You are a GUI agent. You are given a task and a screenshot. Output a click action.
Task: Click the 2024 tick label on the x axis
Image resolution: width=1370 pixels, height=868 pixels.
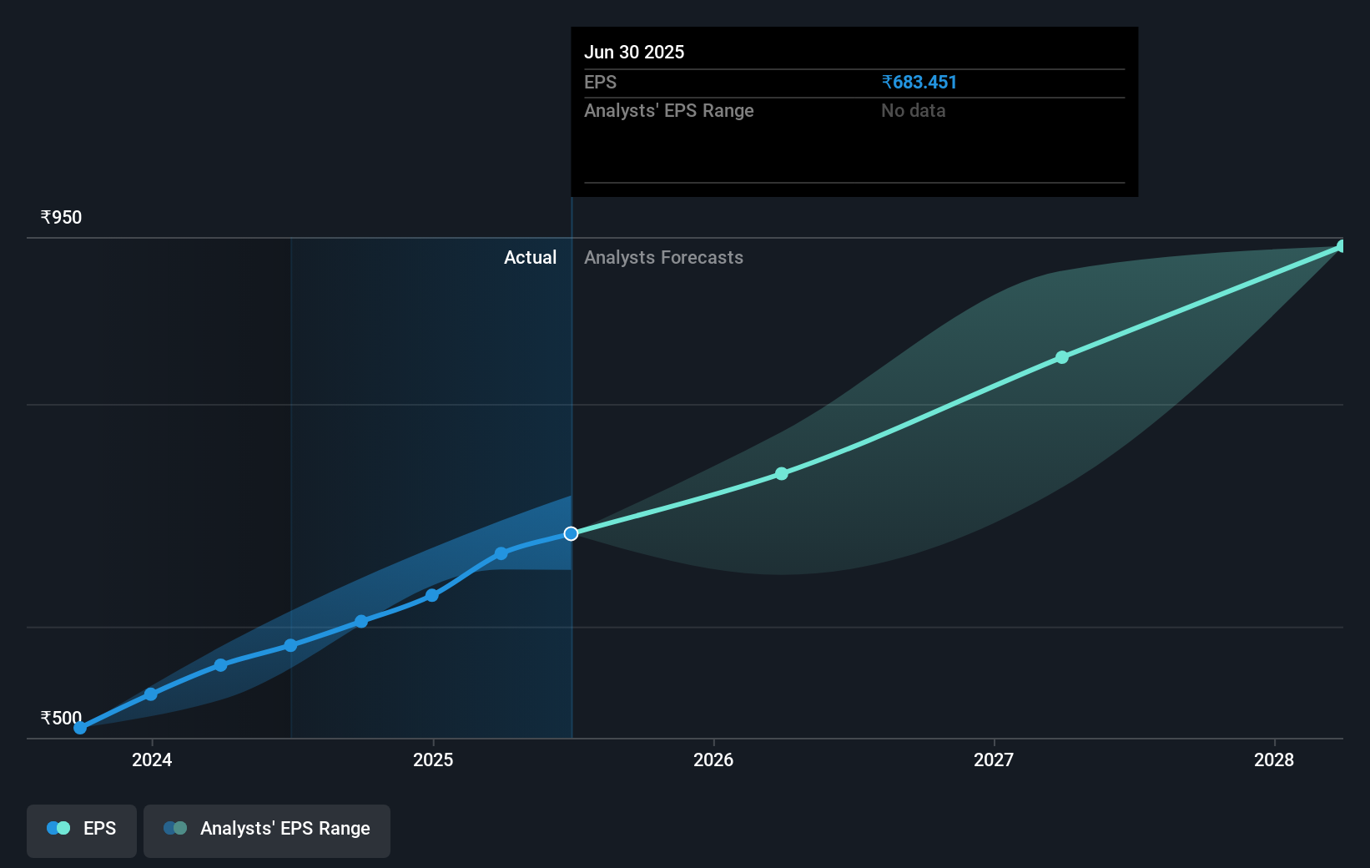(x=152, y=759)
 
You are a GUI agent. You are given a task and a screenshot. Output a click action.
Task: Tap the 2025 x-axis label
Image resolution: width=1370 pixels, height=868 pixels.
(x=433, y=759)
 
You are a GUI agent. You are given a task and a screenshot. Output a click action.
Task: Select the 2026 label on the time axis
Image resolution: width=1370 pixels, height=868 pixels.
(x=713, y=759)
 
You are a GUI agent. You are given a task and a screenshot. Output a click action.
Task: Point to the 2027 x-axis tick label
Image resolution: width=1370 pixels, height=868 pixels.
(x=994, y=759)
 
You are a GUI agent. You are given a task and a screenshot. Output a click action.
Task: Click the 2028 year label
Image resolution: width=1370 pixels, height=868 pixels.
(x=1274, y=759)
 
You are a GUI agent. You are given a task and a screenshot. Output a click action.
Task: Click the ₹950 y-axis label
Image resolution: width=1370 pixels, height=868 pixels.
(x=62, y=218)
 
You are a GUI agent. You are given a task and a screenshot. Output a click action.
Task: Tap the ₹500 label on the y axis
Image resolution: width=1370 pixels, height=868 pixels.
(x=62, y=718)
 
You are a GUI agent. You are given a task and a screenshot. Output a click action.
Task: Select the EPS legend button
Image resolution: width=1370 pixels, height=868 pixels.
(x=82, y=829)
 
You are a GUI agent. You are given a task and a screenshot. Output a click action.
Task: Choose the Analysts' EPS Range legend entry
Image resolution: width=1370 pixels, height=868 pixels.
(x=267, y=829)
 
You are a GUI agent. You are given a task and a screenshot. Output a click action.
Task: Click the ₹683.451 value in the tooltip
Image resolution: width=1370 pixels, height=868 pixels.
(x=919, y=83)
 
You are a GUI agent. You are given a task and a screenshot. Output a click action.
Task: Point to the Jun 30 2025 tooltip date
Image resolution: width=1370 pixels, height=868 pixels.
(x=634, y=53)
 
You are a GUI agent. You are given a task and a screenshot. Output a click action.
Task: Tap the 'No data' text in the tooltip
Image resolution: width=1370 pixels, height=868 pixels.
(x=914, y=111)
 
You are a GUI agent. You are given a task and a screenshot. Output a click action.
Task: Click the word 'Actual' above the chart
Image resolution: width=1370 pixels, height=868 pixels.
(x=530, y=258)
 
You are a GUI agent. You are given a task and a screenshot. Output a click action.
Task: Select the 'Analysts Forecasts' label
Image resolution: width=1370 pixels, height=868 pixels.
(x=663, y=258)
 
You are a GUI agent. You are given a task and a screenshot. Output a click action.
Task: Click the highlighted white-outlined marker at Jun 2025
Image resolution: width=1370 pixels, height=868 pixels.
(x=571, y=533)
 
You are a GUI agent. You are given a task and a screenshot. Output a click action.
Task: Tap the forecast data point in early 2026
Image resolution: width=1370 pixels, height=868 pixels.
(x=782, y=474)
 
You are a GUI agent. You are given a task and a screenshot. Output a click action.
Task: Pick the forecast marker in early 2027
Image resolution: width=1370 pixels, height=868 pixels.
(x=1062, y=357)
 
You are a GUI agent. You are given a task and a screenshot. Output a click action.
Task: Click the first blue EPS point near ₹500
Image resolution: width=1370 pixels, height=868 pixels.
(x=80, y=728)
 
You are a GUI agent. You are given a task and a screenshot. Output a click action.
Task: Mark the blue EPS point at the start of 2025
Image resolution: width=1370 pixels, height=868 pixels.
(x=432, y=595)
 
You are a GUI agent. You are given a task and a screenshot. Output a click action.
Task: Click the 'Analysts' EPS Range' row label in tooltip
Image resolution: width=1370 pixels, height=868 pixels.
(x=669, y=111)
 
